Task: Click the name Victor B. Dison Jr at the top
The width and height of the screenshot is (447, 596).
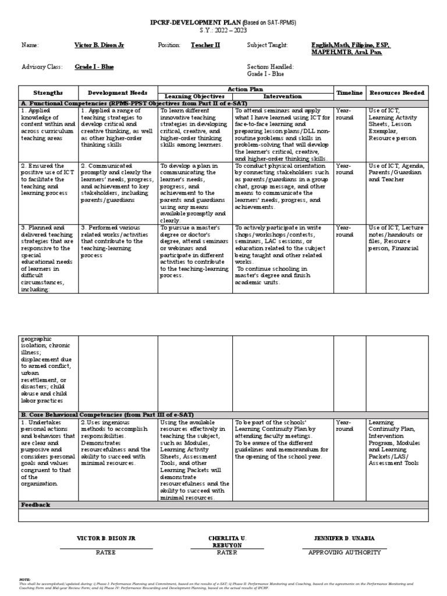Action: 99,45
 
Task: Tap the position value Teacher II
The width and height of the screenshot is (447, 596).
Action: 205,45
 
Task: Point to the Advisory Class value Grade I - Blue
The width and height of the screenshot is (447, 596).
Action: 94,67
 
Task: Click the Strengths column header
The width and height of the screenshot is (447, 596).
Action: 48,93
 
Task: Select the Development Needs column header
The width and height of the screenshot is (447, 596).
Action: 118,93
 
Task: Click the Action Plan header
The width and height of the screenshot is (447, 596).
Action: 244,89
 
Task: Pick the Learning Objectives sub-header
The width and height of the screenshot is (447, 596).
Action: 194,96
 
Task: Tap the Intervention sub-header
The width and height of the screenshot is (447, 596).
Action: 282,96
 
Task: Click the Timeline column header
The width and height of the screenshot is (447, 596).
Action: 349,93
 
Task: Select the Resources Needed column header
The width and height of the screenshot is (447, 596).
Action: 397,93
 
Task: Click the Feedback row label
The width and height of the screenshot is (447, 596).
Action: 36,505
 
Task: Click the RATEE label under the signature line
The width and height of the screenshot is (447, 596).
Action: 106,552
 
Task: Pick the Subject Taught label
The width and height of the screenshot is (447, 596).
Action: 267,45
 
